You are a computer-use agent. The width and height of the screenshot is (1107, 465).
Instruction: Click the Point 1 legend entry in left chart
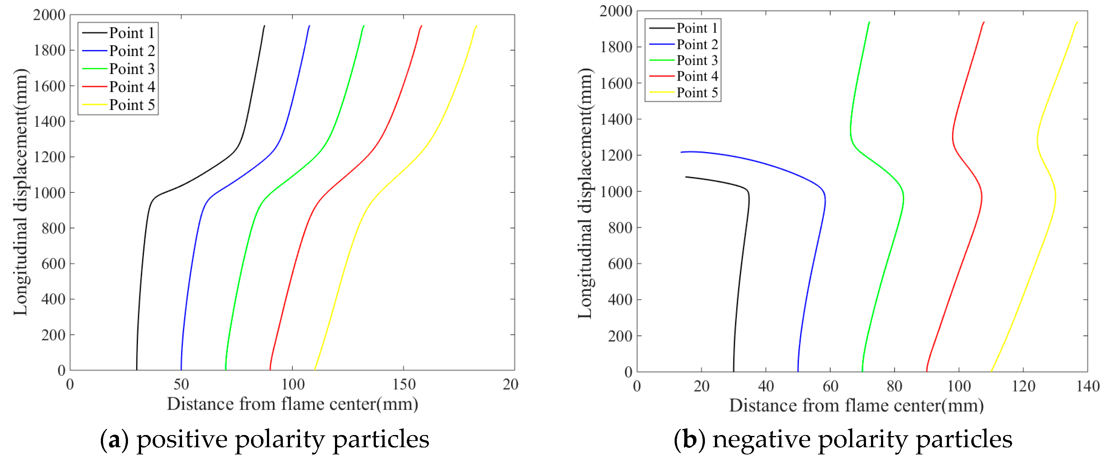coord(131,33)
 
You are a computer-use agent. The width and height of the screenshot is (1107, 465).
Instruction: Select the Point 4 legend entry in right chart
coord(696,76)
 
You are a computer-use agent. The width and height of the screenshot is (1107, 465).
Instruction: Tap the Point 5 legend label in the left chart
coord(131,105)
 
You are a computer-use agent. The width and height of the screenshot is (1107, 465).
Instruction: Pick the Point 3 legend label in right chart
coord(696,60)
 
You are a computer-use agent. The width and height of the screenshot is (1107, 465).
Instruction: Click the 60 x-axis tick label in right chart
coord(830,386)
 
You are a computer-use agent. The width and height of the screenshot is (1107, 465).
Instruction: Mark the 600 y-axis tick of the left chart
coord(53,264)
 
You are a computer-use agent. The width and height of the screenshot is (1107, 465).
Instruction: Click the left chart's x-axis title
coord(292,404)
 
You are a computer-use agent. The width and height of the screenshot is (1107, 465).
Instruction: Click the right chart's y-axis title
coord(585,193)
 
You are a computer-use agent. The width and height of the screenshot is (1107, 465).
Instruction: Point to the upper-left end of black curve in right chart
coord(686,177)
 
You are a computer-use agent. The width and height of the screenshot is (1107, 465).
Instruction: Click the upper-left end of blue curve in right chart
coord(681,152)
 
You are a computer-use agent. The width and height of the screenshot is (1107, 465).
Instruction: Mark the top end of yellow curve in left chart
coord(477,26)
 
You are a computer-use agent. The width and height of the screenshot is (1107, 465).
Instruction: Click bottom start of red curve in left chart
coord(270,369)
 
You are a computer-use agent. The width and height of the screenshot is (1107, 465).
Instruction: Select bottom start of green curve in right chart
coord(862,371)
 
